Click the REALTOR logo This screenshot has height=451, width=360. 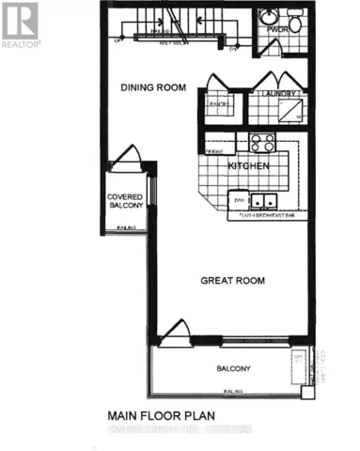pyautogui.click(x=20, y=24)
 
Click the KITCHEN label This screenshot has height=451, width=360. pyautogui.click(x=249, y=166)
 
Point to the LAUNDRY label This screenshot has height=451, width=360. pyautogui.click(x=279, y=94)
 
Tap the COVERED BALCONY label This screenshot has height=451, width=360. pyautogui.click(x=123, y=202)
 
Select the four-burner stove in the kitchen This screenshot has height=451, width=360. pyautogui.click(x=261, y=143)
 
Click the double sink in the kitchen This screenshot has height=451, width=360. pyautogui.click(x=264, y=200)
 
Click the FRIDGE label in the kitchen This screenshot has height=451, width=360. pyautogui.click(x=214, y=150)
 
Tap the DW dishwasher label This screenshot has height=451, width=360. pyautogui.click(x=240, y=199)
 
